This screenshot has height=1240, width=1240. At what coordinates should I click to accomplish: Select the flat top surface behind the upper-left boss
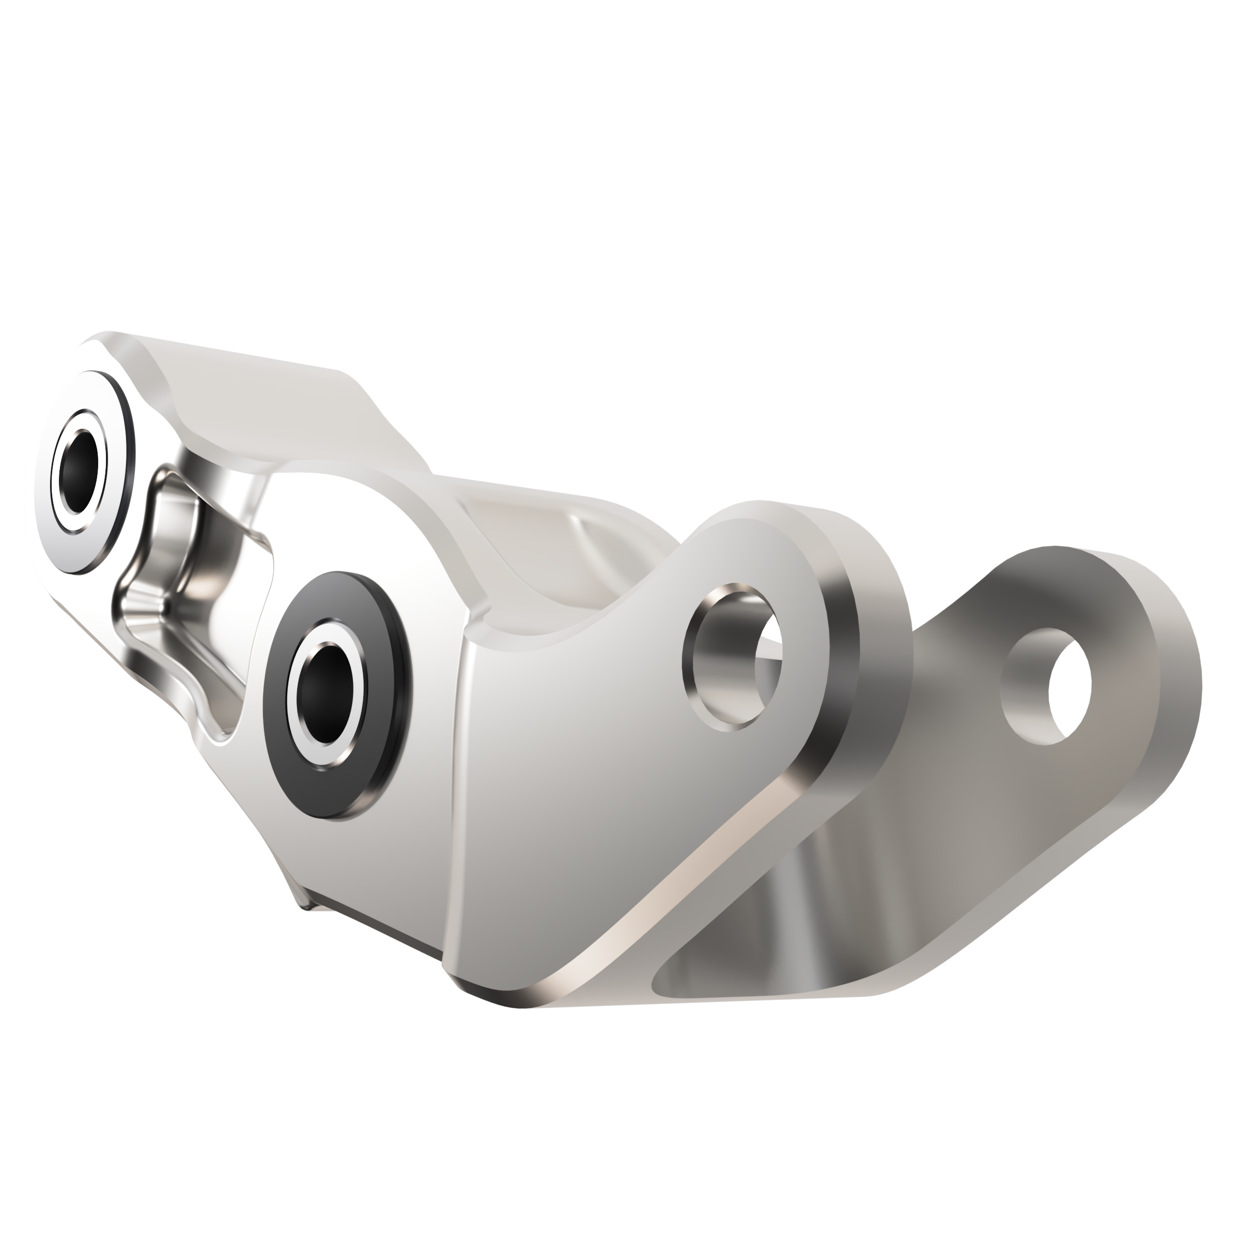pos(257,398)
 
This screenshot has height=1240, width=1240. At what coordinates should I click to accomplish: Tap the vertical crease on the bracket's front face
pos(457,802)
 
